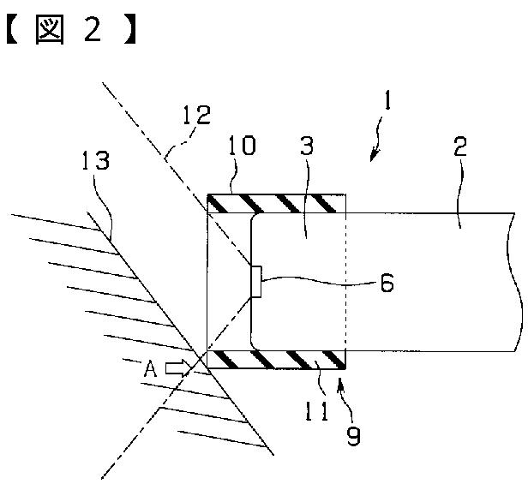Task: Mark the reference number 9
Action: click(353, 437)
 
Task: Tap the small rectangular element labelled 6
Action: click(256, 282)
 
